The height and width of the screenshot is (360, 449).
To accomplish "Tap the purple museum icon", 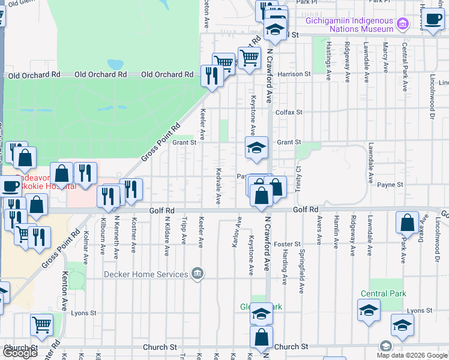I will pyautogui.click(x=403, y=25).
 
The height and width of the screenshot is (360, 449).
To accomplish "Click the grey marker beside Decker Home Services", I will pyautogui.click(x=197, y=275).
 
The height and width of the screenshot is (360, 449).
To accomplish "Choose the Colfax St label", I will pyautogui.click(x=288, y=112).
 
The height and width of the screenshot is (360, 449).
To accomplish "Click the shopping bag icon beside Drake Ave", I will pyautogui.click(x=407, y=223).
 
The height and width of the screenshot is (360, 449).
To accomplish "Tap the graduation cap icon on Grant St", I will pyautogui.click(x=256, y=148).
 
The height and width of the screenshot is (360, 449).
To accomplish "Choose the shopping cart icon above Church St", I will pyautogui.click(x=41, y=325).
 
